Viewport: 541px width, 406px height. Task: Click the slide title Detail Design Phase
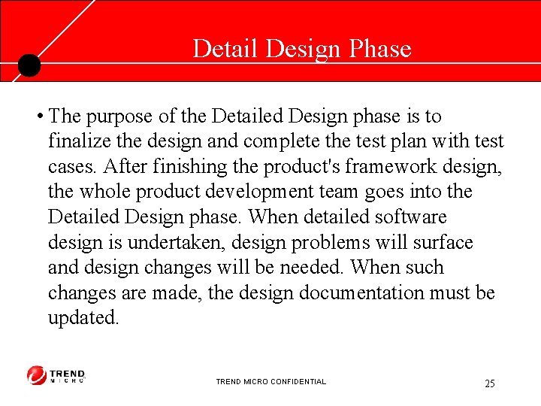pyautogui.click(x=302, y=49)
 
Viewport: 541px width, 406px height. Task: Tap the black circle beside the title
pyautogui.click(x=29, y=66)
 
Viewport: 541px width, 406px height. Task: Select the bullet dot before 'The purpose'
pyautogui.click(x=38, y=117)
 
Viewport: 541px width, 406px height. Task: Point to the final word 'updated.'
pyautogui.click(x=83, y=318)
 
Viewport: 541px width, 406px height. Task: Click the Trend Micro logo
pyautogui.click(x=56, y=375)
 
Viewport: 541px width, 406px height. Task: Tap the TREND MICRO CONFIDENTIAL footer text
pyautogui.click(x=270, y=382)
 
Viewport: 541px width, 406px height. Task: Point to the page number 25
pyautogui.click(x=490, y=383)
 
